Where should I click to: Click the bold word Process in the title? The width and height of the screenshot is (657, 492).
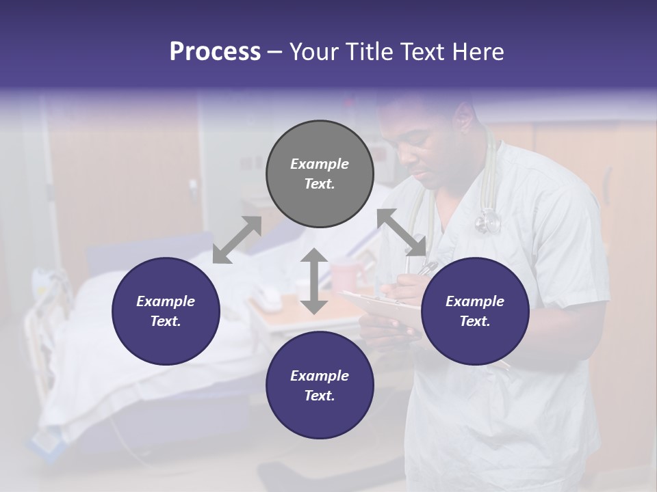[x=215, y=52]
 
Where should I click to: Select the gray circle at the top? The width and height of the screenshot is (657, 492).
[x=320, y=174]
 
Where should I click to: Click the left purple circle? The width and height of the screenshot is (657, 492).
[x=166, y=311]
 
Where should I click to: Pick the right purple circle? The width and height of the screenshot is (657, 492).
[x=474, y=311]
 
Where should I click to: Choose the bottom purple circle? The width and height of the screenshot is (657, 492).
[x=320, y=385]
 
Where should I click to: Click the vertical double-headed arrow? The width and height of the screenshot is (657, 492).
[x=314, y=281]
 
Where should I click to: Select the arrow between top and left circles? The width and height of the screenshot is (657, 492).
[x=237, y=239]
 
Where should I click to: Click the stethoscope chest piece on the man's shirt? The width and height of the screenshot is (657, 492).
[x=488, y=221]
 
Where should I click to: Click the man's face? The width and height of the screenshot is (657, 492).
[x=431, y=147]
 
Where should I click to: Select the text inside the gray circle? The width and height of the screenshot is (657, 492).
[x=320, y=174]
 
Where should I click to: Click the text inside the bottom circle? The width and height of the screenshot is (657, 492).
[x=320, y=385]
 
